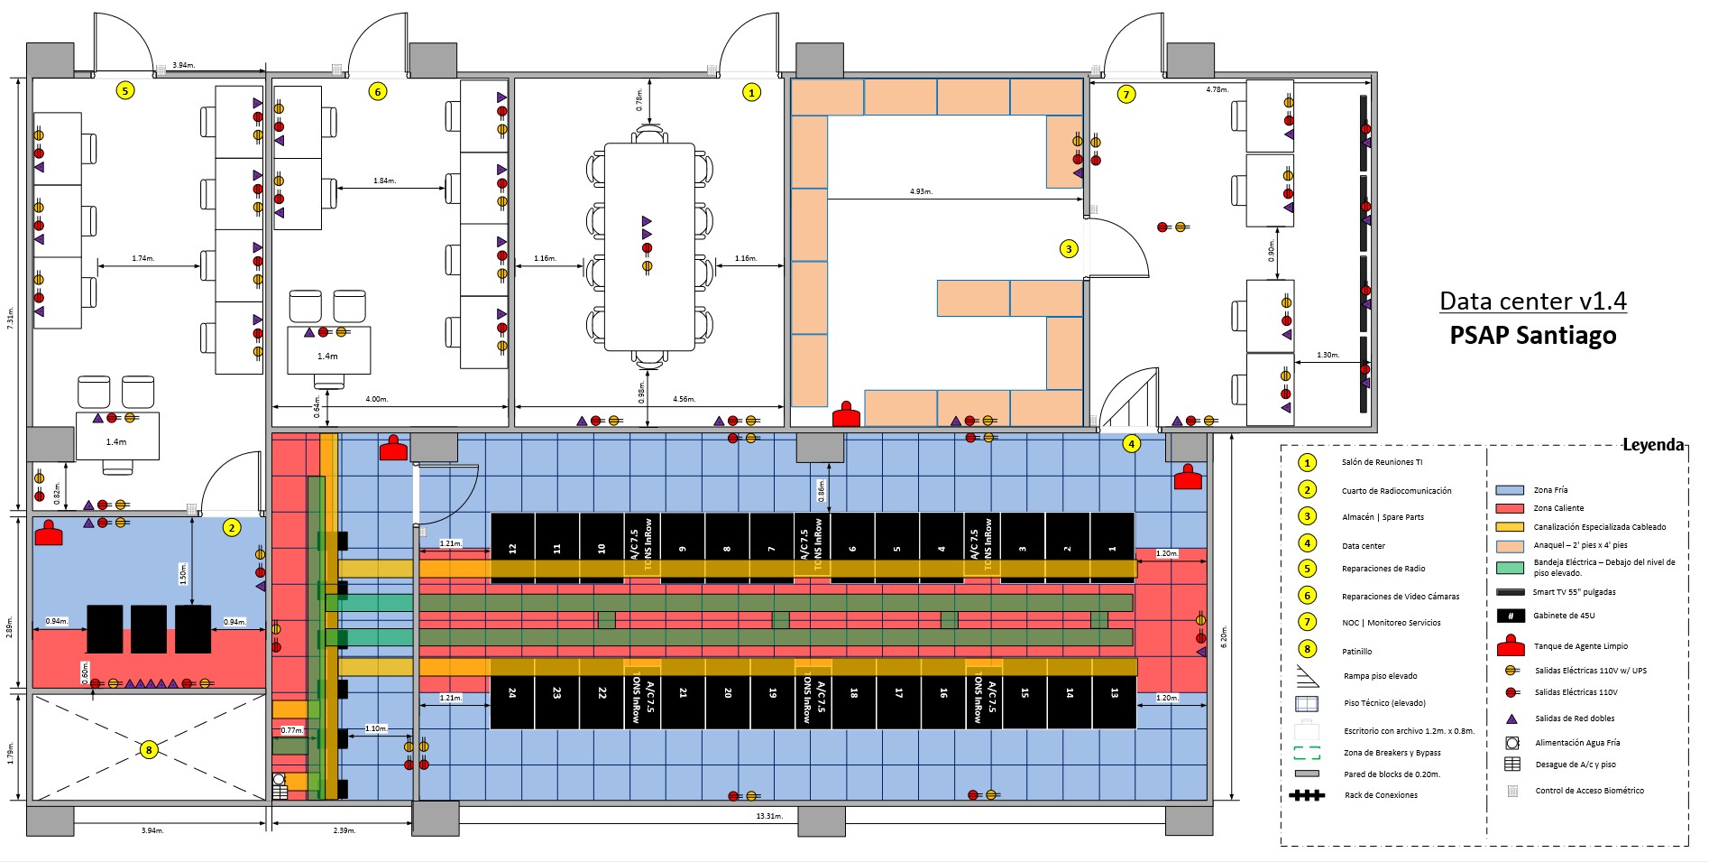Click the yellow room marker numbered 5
pos(125,90)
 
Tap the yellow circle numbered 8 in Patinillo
pos(149,749)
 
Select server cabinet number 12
pos(512,548)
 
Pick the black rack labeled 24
pos(512,693)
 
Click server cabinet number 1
pos(1112,548)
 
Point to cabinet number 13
pos(1114,693)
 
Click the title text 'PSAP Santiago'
pos(1532,335)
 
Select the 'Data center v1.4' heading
pos(1532,301)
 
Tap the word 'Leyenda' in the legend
pos(1652,445)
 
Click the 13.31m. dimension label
pos(768,816)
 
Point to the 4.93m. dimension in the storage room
pos(921,191)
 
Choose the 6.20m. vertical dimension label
pos(1224,635)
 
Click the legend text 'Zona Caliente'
pos(1558,508)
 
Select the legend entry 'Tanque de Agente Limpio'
pos(1580,646)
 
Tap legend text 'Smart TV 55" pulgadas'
pos(1574,592)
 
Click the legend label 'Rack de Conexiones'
pos(1381,795)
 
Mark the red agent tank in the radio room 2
pos(48,534)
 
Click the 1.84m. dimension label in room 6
pos(384,181)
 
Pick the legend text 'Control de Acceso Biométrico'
pos(1589,791)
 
